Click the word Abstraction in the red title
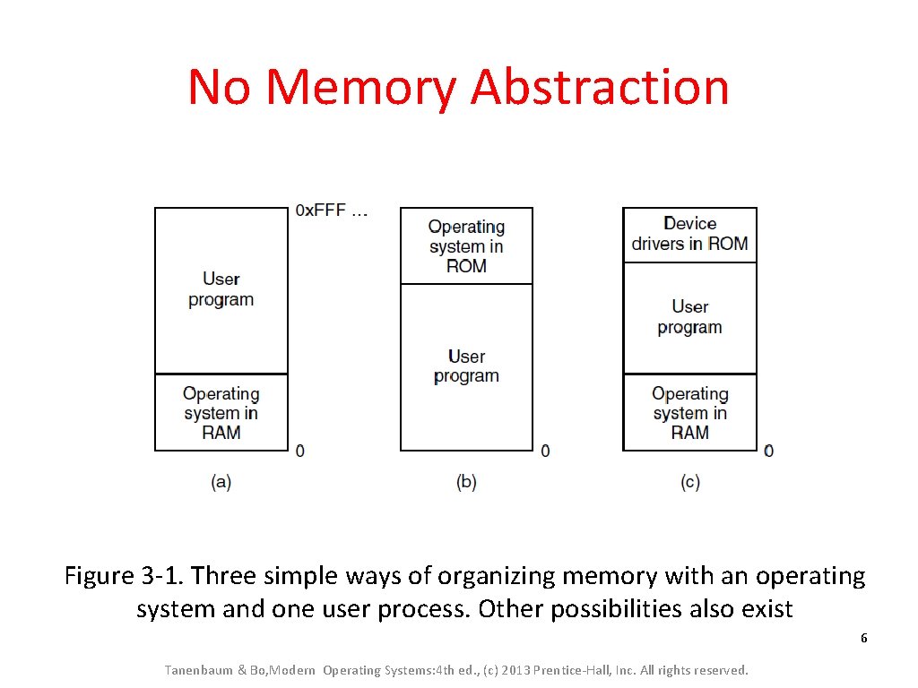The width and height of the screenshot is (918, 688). (x=600, y=88)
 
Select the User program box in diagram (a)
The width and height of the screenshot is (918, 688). (x=221, y=290)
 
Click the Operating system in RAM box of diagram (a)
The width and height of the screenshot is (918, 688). (x=221, y=412)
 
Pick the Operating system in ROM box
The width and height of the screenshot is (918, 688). (x=466, y=246)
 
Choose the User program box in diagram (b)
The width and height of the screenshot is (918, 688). (x=466, y=366)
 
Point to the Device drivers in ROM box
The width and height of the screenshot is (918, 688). (x=689, y=235)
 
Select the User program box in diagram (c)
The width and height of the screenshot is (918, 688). (x=689, y=317)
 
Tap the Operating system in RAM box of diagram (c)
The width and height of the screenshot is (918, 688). (x=689, y=412)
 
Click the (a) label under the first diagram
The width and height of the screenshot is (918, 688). (x=221, y=482)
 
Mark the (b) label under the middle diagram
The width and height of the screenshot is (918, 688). (x=466, y=482)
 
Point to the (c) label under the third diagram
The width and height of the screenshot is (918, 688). (x=689, y=482)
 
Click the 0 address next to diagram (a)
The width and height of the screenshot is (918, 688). (x=299, y=451)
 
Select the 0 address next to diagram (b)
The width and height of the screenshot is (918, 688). (x=545, y=451)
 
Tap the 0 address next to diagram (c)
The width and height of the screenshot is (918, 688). (x=768, y=451)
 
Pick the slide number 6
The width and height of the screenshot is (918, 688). (x=863, y=639)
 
